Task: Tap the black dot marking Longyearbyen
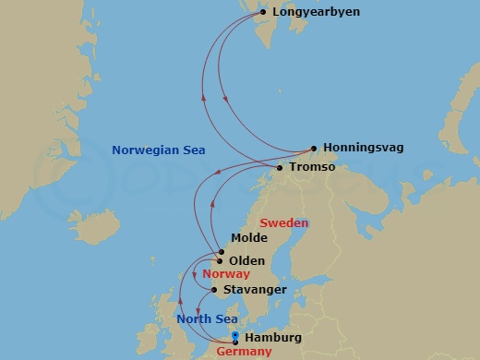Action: (x=263, y=12)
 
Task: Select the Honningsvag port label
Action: (x=364, y=148)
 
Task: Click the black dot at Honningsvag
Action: (x=314, y=148)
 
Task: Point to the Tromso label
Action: (x=311, y=167)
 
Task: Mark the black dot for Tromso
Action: (x=280, y=167)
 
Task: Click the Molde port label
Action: (x=249, y=238)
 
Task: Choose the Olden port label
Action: (x=246, y=261)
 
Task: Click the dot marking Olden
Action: (x=220, y=261)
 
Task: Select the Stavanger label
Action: (x=255, y=289)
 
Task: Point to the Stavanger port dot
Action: (x=216, y=290)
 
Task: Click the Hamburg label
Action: (x=273, y=338)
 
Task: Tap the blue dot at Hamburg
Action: (x=235, y=336)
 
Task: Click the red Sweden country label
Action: (x=283, y=222)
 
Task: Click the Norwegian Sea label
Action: (x=158, y=150)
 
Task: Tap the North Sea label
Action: (x=207, y=319)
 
